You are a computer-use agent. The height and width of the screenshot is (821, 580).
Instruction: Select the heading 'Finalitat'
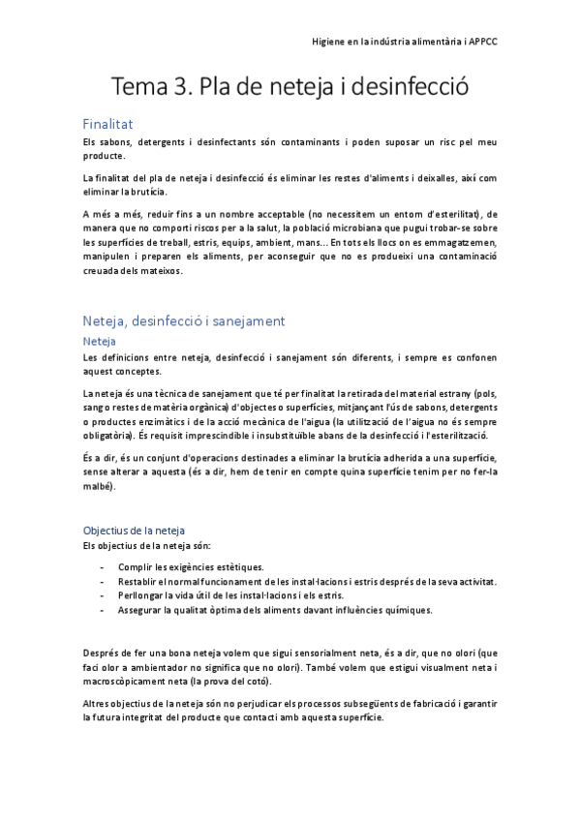[x=107, y=124]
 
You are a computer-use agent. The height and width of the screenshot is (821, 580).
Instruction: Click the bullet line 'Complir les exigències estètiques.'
[x=190, y=566]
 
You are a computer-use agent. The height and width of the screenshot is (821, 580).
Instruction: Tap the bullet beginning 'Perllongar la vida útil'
[x=225, y=595]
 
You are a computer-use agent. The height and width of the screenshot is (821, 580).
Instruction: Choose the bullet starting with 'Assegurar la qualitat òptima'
[x=275, y=610]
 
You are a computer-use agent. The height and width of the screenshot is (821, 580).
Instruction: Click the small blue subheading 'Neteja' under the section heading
[x=100, y=342]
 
